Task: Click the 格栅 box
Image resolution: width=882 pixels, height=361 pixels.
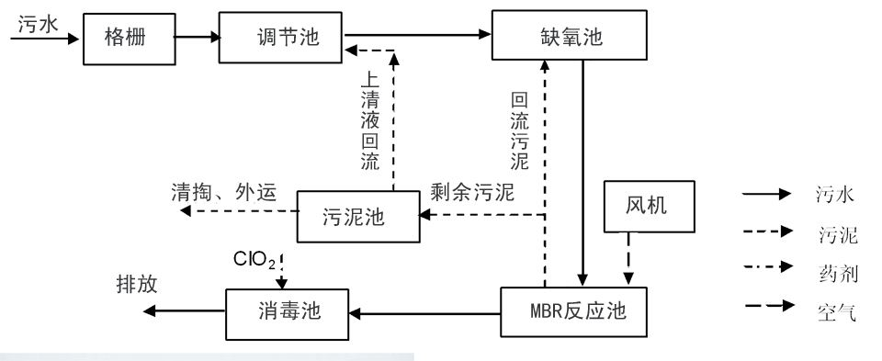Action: [121, 39]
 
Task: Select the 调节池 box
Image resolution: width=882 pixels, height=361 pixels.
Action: [280, 37]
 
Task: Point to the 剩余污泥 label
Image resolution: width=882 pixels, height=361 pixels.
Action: [471, 194]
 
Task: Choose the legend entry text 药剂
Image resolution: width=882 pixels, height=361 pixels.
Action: [835, 275]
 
